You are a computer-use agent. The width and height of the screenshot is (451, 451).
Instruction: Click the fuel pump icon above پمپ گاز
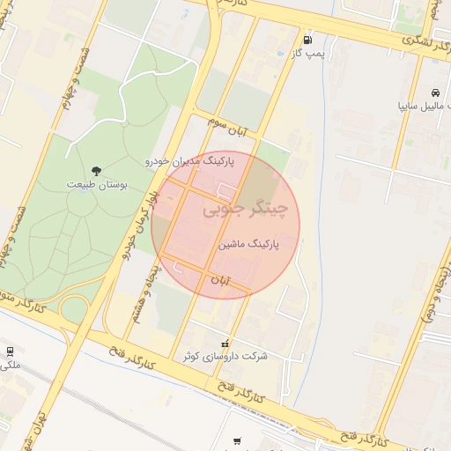[307, 40]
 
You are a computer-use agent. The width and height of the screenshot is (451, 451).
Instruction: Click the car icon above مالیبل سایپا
[435, 92]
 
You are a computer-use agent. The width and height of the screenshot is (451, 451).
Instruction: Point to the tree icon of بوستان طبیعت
[96, 171]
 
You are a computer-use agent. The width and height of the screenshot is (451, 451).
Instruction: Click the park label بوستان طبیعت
[97, 186]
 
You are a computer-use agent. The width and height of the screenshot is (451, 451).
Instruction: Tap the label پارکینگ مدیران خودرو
[191, 163]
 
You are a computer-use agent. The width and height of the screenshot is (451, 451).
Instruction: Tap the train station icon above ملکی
[8, 351]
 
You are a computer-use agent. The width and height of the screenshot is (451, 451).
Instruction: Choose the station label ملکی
[10, 365]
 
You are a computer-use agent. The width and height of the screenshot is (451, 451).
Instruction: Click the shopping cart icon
[237, 441]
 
